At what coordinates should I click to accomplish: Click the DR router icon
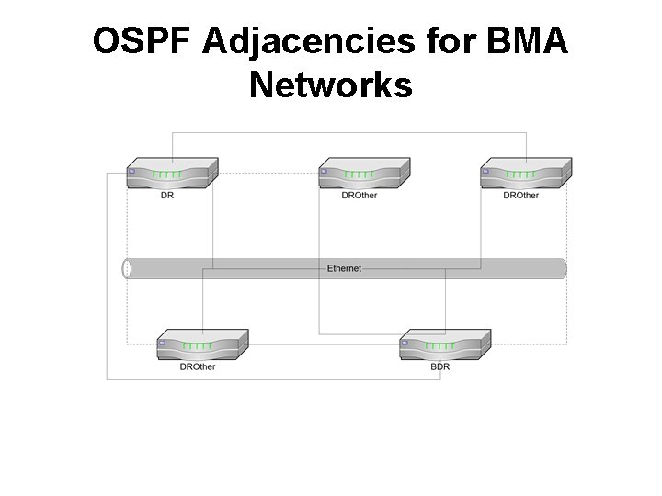point(172,174)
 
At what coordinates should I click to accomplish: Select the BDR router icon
point(444,345)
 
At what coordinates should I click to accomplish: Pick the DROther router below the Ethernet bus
point(202,345)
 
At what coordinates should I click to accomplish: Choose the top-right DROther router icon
point(525,174)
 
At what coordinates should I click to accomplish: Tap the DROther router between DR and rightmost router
point(363,174)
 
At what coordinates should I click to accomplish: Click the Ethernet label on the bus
point(344,268)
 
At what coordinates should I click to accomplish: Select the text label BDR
point(440,366)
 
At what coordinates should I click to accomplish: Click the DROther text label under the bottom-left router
point(198,366)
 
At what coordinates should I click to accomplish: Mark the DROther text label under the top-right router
point(520,196)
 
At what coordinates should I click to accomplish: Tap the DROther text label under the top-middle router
point(359,196)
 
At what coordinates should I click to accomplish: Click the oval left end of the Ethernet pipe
point(127,268)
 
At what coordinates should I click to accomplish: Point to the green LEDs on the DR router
point(168,175)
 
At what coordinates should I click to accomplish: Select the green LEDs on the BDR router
point(440,346)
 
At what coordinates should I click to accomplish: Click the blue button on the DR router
point(132,172)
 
